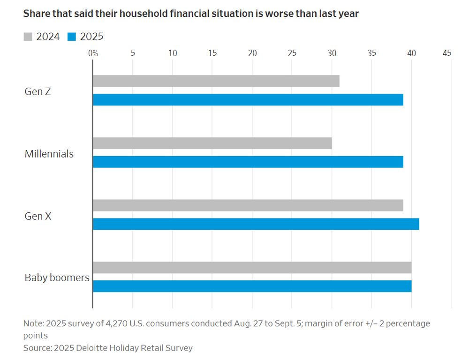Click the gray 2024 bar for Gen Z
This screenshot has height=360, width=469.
(216, 81)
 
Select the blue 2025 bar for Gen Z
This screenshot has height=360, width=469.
(248, 100)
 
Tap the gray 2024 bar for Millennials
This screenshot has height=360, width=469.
(212, 143)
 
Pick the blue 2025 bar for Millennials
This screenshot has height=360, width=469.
(248, 162)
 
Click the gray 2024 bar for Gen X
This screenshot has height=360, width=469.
(248, 205)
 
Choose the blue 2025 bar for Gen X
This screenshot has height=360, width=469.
(256, 224)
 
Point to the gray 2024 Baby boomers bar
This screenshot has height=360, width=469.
(252, 268)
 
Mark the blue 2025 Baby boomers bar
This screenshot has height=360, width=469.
(252, 286)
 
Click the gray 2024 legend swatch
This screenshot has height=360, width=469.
(28, 37)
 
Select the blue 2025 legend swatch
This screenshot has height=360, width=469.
(71, 37)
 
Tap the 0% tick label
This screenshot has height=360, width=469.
(93, 53)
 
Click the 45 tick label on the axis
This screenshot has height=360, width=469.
(447, 53)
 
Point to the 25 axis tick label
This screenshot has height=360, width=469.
(292, 53)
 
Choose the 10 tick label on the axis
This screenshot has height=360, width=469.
(173, 53)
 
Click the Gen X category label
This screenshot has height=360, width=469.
(38, 216)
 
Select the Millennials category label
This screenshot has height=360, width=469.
(49, 154)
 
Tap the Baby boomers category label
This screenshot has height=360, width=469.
(57, 277)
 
